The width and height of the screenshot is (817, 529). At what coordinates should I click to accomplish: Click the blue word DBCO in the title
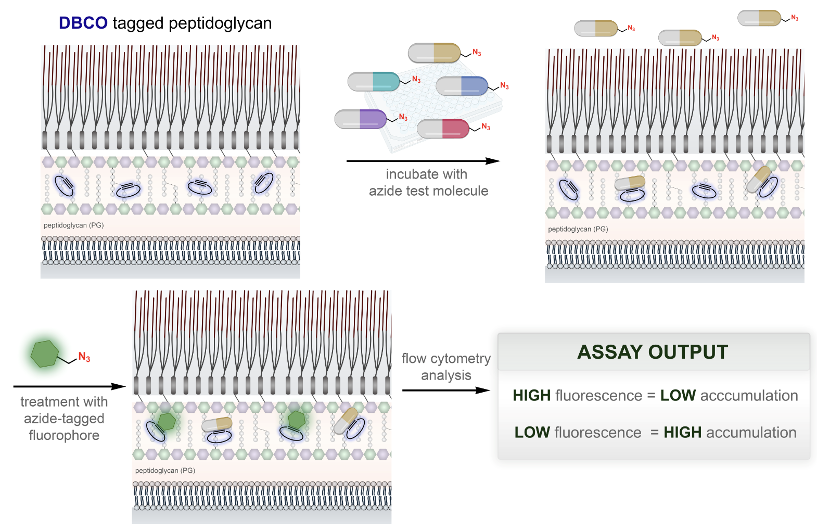[x=83, y=23]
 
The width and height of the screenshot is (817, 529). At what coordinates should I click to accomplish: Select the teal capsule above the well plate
[x=374, y=82]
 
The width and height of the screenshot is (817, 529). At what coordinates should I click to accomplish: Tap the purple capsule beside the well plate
[x=361, y=119]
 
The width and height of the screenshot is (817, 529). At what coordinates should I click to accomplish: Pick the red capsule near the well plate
[x=443, y=129]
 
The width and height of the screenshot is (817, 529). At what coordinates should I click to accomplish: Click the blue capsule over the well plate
[x=462, y=86]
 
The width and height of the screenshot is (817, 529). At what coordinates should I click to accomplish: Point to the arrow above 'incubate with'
[x=423, y=161]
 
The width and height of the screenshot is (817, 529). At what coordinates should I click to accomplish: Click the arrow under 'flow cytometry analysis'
[x=446, y=391]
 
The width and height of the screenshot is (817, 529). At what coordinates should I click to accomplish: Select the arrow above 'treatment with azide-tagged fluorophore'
[x=70, y=386]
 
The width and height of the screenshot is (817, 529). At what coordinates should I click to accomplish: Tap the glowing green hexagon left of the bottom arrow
[x=45, y=354]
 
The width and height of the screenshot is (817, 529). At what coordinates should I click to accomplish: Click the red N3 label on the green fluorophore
[x=84, y=357]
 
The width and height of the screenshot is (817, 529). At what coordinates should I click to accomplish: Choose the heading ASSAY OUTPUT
[x=653, y=352]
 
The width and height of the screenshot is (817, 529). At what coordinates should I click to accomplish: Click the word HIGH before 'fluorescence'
[x=532, y=396]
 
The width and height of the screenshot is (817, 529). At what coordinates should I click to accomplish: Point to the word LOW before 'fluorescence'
[x=532, y=432]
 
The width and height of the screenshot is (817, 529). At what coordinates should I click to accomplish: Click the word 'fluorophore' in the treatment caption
[x=64, y=435]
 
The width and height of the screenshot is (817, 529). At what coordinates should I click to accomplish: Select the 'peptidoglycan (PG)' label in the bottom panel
[x=165, y=471]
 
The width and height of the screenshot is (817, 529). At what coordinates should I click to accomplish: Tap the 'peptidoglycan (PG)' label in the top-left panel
[x=74, y=225]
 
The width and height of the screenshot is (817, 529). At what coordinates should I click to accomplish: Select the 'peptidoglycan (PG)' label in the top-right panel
[x=578, y=229]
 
